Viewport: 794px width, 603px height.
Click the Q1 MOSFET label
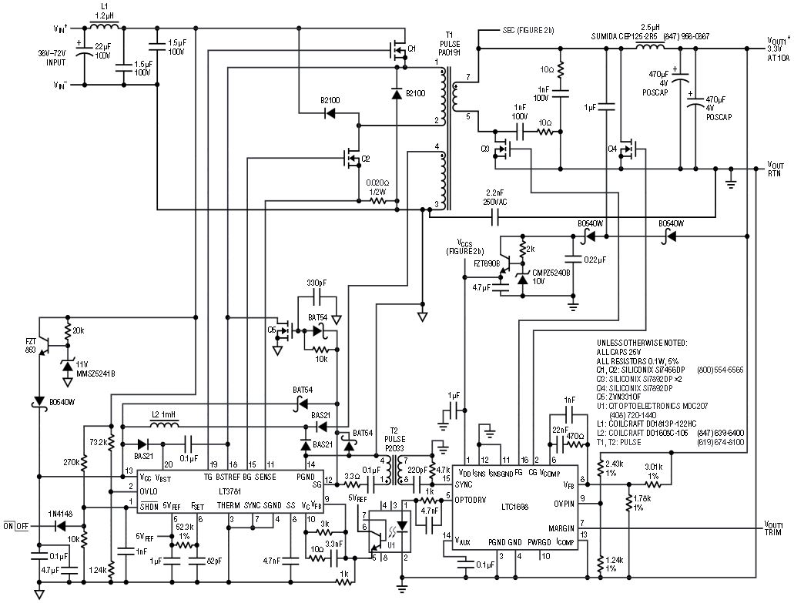click(412, 49)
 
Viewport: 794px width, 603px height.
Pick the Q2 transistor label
click(366, 159)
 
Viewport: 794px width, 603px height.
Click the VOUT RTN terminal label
click(776, 169)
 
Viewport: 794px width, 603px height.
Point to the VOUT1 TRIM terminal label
click(776, 528)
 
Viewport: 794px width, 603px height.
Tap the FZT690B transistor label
click(485, 263)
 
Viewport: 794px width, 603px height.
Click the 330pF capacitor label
click(318, 283)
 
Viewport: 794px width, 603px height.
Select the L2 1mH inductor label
click(164, 414)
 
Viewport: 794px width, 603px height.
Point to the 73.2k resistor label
click(96, 444)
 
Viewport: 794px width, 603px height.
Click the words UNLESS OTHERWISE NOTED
click(642, 342)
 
